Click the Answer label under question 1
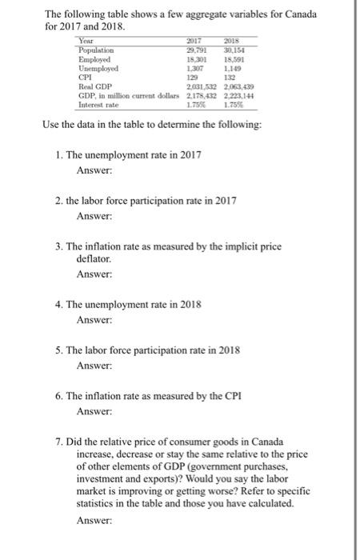click(x=94, y=170)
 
